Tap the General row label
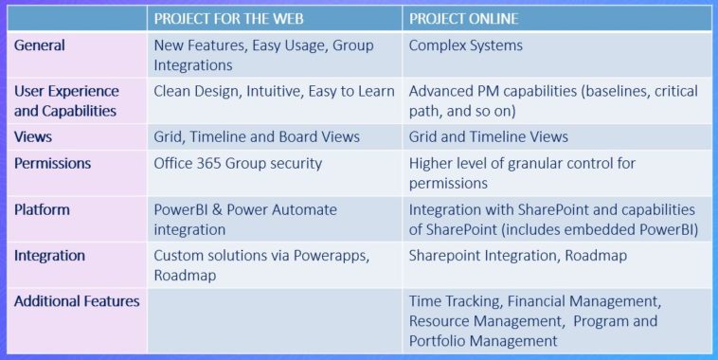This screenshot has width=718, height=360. [40, 45]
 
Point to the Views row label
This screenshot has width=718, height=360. [33, 136]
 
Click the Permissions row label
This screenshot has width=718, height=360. [53, 163]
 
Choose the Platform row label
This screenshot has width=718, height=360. [43, 208]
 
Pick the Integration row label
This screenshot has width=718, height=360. [49, 255]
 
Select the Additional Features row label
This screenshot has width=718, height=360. [77, 300]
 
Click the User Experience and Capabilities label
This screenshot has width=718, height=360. [66, 100]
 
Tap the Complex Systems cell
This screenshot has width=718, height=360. [466, 45]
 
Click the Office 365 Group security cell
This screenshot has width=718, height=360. [238, 163]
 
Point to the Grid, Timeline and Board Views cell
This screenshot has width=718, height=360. [257, 136]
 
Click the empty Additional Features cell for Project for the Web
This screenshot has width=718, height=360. [273, 320]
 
